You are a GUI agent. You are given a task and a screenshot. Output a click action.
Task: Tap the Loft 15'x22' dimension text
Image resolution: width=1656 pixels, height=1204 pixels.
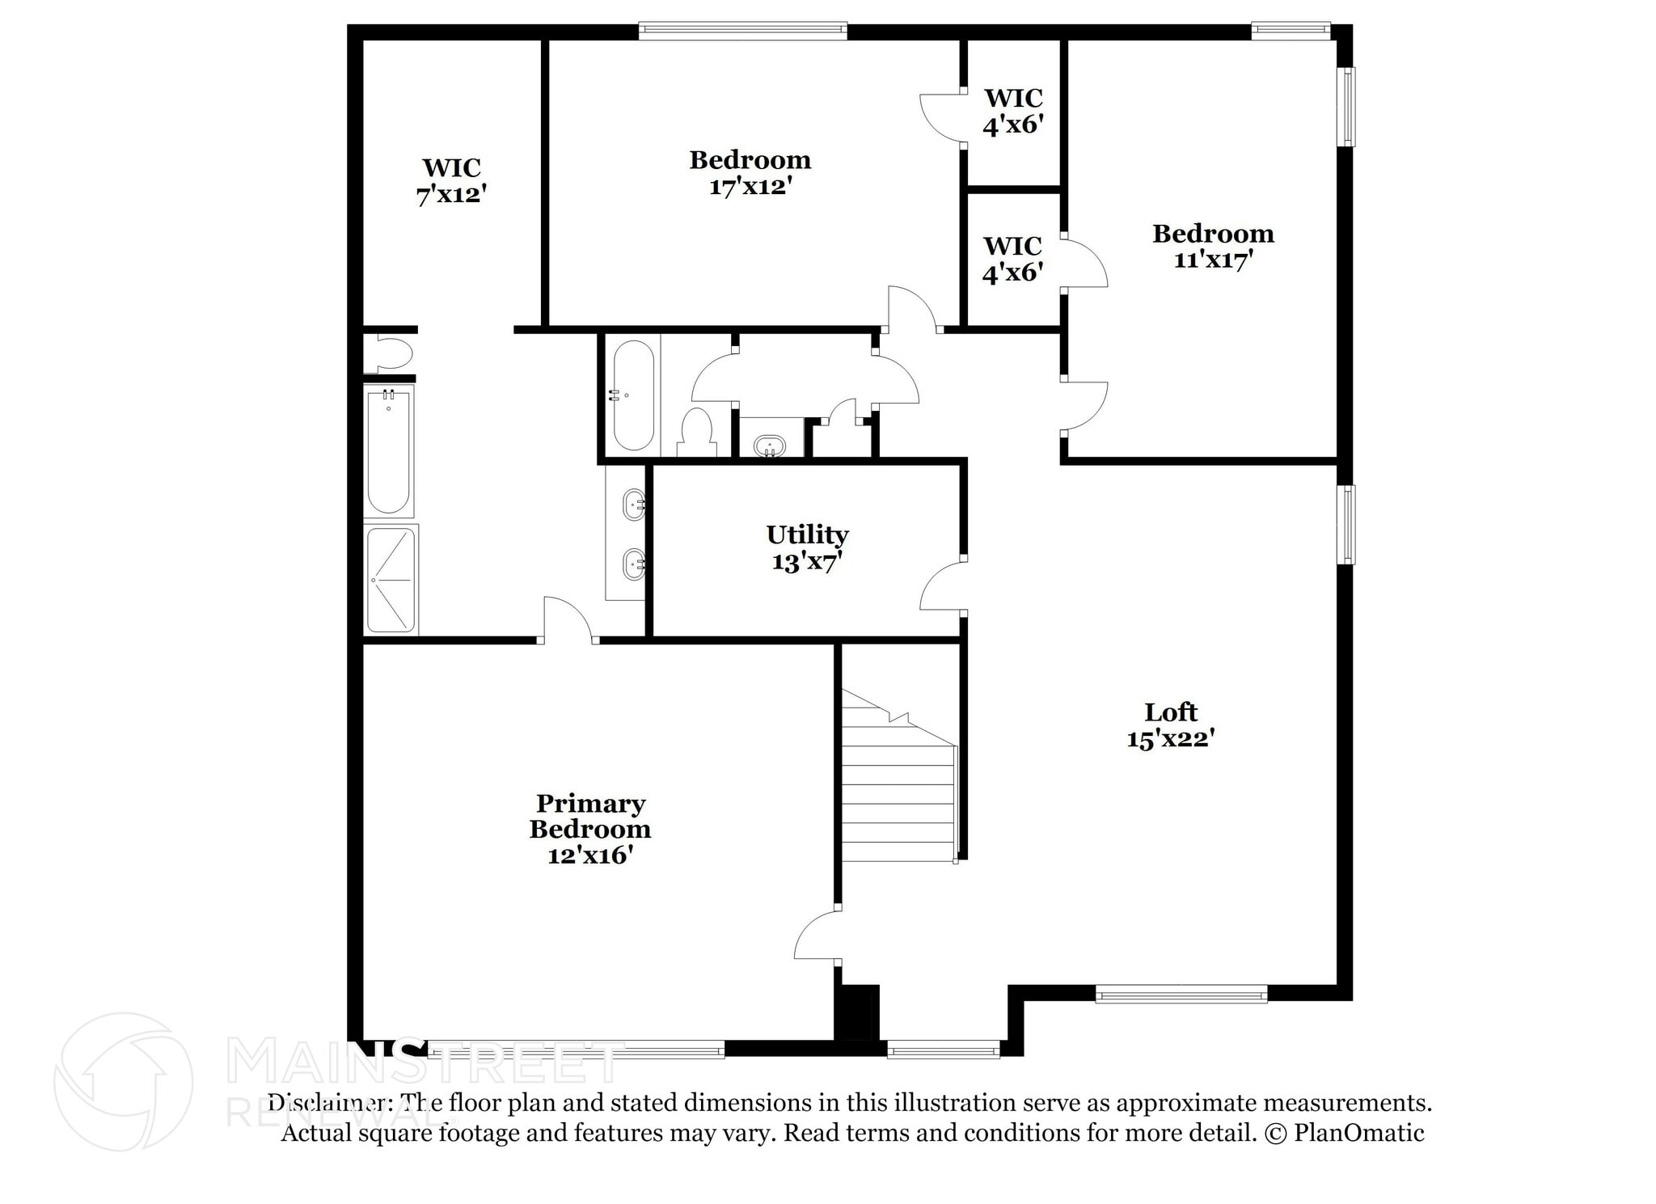[1171, 738]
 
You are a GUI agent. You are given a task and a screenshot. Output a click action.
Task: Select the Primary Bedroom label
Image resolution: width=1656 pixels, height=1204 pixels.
[590, 817]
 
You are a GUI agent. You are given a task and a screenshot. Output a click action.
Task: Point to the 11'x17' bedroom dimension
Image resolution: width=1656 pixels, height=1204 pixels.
[1213, 260]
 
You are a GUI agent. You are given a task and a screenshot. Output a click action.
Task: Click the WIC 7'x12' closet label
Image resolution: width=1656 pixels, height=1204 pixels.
[451, 181]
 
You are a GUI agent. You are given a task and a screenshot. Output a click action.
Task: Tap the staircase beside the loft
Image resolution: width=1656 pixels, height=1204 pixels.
[898, 792]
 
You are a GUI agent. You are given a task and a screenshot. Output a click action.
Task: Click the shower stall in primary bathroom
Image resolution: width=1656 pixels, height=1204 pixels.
[391, 579]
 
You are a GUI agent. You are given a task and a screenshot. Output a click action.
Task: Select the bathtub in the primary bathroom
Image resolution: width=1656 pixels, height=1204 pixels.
[389, 451]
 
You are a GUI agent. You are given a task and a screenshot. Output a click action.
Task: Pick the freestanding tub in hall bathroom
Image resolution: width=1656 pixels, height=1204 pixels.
[633, 395]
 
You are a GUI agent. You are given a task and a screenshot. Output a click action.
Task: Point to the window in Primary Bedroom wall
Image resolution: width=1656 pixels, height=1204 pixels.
[576, 1051]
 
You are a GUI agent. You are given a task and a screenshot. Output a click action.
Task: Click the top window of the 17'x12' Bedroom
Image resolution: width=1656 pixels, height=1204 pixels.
[742, 32]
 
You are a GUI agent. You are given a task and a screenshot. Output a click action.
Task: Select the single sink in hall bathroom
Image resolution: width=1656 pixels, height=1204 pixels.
[768, 446]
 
